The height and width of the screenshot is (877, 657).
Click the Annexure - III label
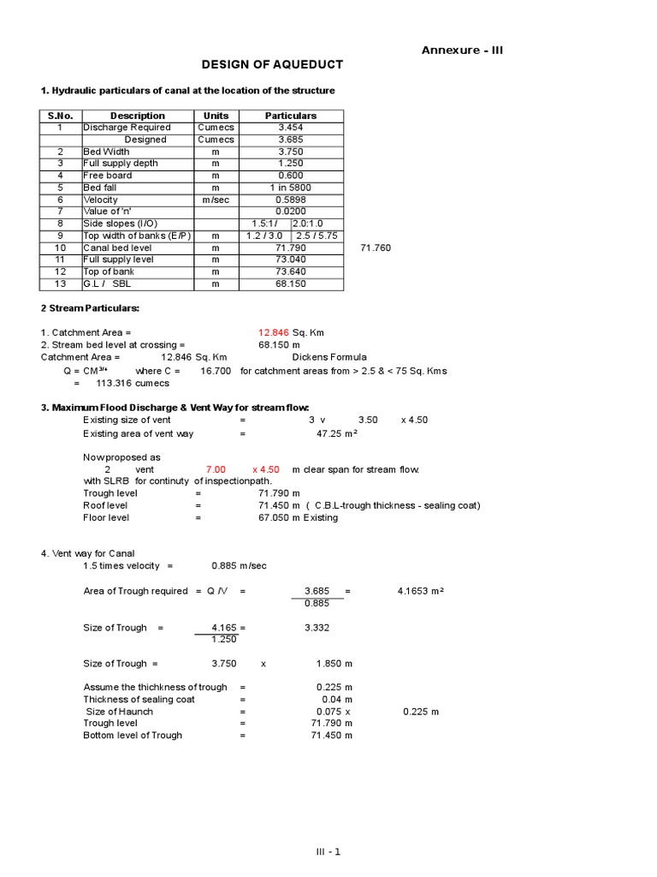tap(462, 50)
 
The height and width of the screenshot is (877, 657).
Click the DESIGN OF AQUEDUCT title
tap(272, 64)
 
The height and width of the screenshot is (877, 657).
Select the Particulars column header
tap(291, 116)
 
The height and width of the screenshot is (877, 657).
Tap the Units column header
tap(216, 116)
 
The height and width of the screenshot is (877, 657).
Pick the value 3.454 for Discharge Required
tap(291, 128)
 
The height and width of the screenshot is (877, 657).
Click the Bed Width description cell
tap(106, 152)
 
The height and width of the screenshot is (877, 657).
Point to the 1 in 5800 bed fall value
tap(291, 188)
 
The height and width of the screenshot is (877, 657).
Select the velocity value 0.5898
tap(291, 200)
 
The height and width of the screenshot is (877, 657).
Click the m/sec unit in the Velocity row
tap(216, 200)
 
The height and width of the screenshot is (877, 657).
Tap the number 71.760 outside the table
tap(376, 248)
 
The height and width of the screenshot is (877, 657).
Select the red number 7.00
tap(216, 469)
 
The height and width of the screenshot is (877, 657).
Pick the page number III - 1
tap(328, 851)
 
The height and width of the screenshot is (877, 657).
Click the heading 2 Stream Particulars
tap(90, 307)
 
